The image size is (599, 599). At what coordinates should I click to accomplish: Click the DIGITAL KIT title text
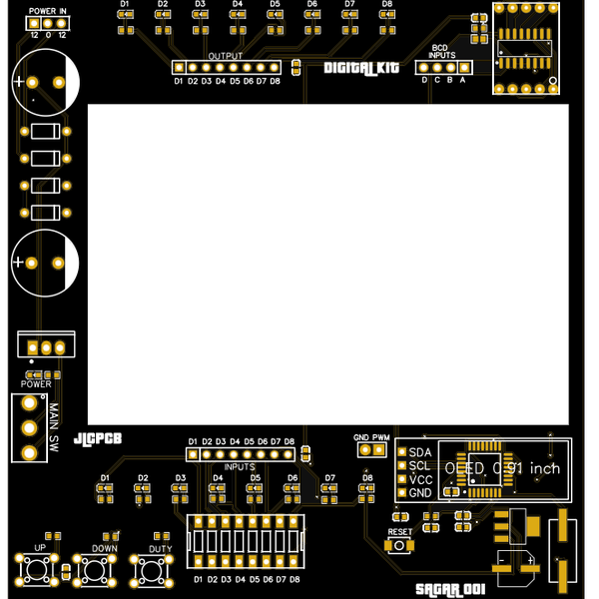[360, 68]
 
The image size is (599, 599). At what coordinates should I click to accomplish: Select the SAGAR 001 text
[449, 590]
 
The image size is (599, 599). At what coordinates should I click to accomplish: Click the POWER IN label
[48, 10]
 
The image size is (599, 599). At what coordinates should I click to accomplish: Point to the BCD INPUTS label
[443, 52]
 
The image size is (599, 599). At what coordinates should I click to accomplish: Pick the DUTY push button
[153, 571]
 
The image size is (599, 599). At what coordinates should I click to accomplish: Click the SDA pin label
[420, 452]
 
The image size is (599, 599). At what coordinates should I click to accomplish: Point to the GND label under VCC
[420, 492]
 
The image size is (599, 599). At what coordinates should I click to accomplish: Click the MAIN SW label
[54, 426]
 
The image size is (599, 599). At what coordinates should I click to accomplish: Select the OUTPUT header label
[227, 56]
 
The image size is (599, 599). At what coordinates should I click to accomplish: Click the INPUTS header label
[241, 466]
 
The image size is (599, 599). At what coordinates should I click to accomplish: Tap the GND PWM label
[371, 437]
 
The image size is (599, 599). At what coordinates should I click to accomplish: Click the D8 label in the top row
[386, 4]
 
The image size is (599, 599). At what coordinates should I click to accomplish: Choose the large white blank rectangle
[327, 265]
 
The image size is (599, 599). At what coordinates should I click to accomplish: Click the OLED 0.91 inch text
[502, 468]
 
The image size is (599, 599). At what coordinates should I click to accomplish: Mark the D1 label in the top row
[125, 4]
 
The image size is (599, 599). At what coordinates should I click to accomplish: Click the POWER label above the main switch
[36, 383]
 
